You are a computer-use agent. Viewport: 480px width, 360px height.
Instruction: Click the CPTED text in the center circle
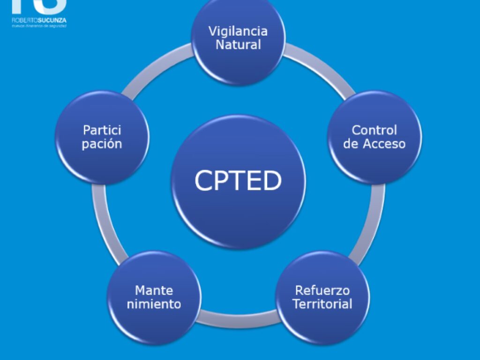238,181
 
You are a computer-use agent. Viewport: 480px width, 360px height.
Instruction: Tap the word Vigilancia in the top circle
238,31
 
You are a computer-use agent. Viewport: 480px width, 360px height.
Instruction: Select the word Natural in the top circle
238,45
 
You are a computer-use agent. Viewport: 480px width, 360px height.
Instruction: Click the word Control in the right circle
374,130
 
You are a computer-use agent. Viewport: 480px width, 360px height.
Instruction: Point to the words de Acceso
374,144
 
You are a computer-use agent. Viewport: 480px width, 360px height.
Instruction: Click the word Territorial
322,304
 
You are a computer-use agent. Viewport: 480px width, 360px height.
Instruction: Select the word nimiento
154,304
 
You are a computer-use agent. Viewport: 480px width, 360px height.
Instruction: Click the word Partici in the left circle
102,130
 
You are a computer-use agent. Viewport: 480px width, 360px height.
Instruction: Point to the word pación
102,144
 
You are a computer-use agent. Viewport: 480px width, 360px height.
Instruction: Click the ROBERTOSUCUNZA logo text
39,20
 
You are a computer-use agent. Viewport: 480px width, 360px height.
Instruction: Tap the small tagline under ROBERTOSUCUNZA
39,26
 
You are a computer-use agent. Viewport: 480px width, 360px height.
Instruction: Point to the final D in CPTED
272,181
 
